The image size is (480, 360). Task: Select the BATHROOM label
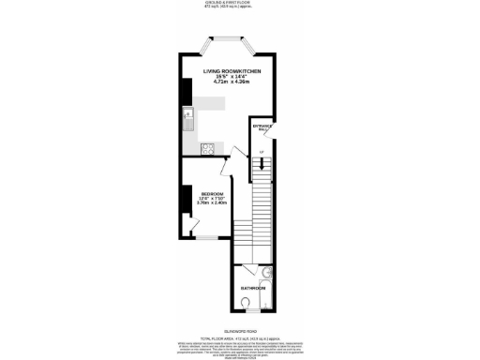click(x=251, y=288)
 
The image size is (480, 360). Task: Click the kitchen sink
click(x=188, y=123)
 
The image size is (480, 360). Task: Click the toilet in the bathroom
click(x=246, y=303)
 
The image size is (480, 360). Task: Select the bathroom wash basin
click(x=266, y=273)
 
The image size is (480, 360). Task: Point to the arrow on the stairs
click(x=262, y=164)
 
